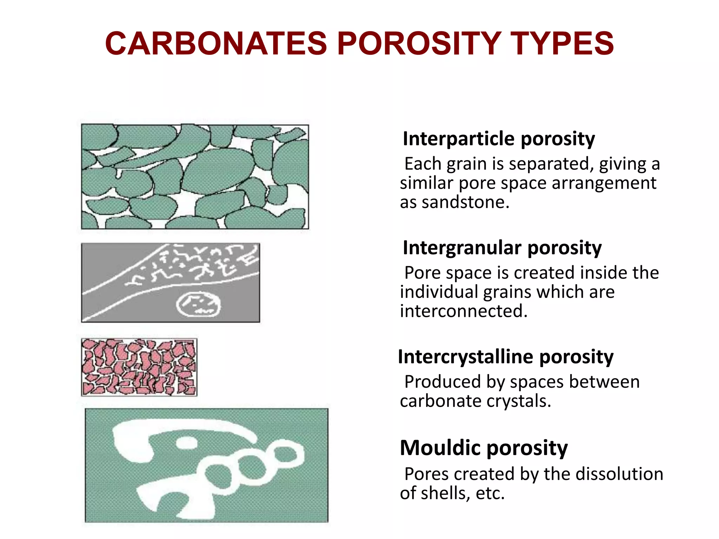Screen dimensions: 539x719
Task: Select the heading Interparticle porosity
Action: (x=499, y=139)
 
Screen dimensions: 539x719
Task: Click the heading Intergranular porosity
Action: (x=502, y=248)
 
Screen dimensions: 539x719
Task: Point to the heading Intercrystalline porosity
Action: (x=506, y=357)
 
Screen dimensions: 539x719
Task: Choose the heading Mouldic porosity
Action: (x=483, y=448)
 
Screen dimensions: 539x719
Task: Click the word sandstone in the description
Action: (x=465, y=202)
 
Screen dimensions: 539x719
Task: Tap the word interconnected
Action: (x=463, y=311)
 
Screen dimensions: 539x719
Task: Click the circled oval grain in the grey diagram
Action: (x=198, y=305)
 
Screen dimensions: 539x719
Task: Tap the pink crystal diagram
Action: (x=139, y=367)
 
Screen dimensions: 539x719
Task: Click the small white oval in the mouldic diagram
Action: (x=187, y=443)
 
